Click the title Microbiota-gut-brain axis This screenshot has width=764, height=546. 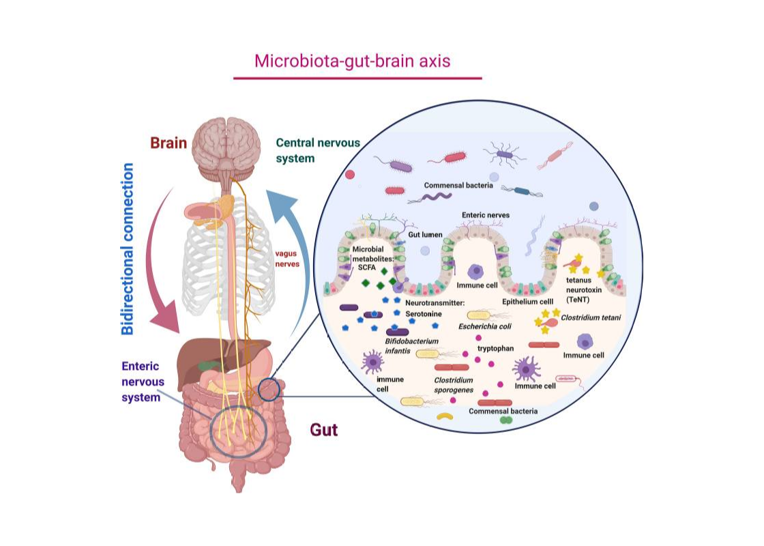352,61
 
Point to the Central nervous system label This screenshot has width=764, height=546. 317,150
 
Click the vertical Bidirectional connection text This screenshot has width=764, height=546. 128,249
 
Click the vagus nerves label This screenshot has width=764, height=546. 286,258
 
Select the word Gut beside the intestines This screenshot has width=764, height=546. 324,430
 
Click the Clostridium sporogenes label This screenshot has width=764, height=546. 454,384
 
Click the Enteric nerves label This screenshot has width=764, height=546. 486,215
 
